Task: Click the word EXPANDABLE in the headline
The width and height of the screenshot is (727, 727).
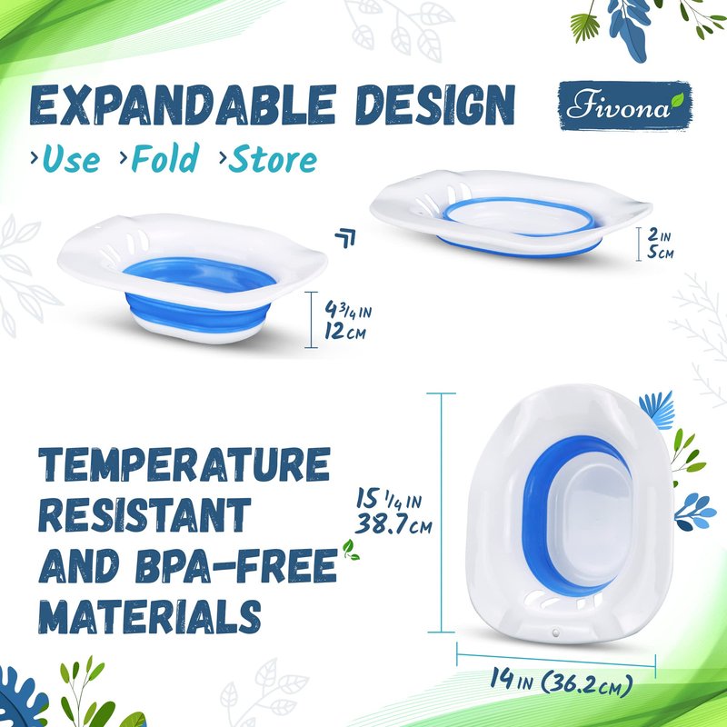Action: click(184, 105)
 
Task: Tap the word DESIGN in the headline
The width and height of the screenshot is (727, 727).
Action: click(436, 105)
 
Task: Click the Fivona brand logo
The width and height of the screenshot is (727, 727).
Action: click(625, 105)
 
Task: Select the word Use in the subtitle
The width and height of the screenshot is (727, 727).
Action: click(71, 159)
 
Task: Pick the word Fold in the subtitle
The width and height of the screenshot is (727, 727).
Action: click(165, 157)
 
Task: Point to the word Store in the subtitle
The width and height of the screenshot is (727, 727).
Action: click(273, 159)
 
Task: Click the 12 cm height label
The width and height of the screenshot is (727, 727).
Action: click(345, 332)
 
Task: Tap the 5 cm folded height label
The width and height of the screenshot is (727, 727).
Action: click(661, 253)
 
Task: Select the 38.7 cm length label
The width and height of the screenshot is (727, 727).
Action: click(393, 525)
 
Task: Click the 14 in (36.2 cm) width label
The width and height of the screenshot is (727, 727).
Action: click(562, 682)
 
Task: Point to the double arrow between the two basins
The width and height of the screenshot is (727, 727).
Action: click(345, 238)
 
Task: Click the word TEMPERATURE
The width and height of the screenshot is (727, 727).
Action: click(184, 465)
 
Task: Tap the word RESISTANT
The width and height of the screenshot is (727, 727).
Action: click(144, 515)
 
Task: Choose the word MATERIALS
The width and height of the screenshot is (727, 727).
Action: click(149, 616)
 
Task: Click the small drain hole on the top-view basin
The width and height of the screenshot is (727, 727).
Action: click(555, 632)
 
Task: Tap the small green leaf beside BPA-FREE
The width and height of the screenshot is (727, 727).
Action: click(351, 550)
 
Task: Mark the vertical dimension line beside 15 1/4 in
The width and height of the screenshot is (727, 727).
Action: click(441, 513)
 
